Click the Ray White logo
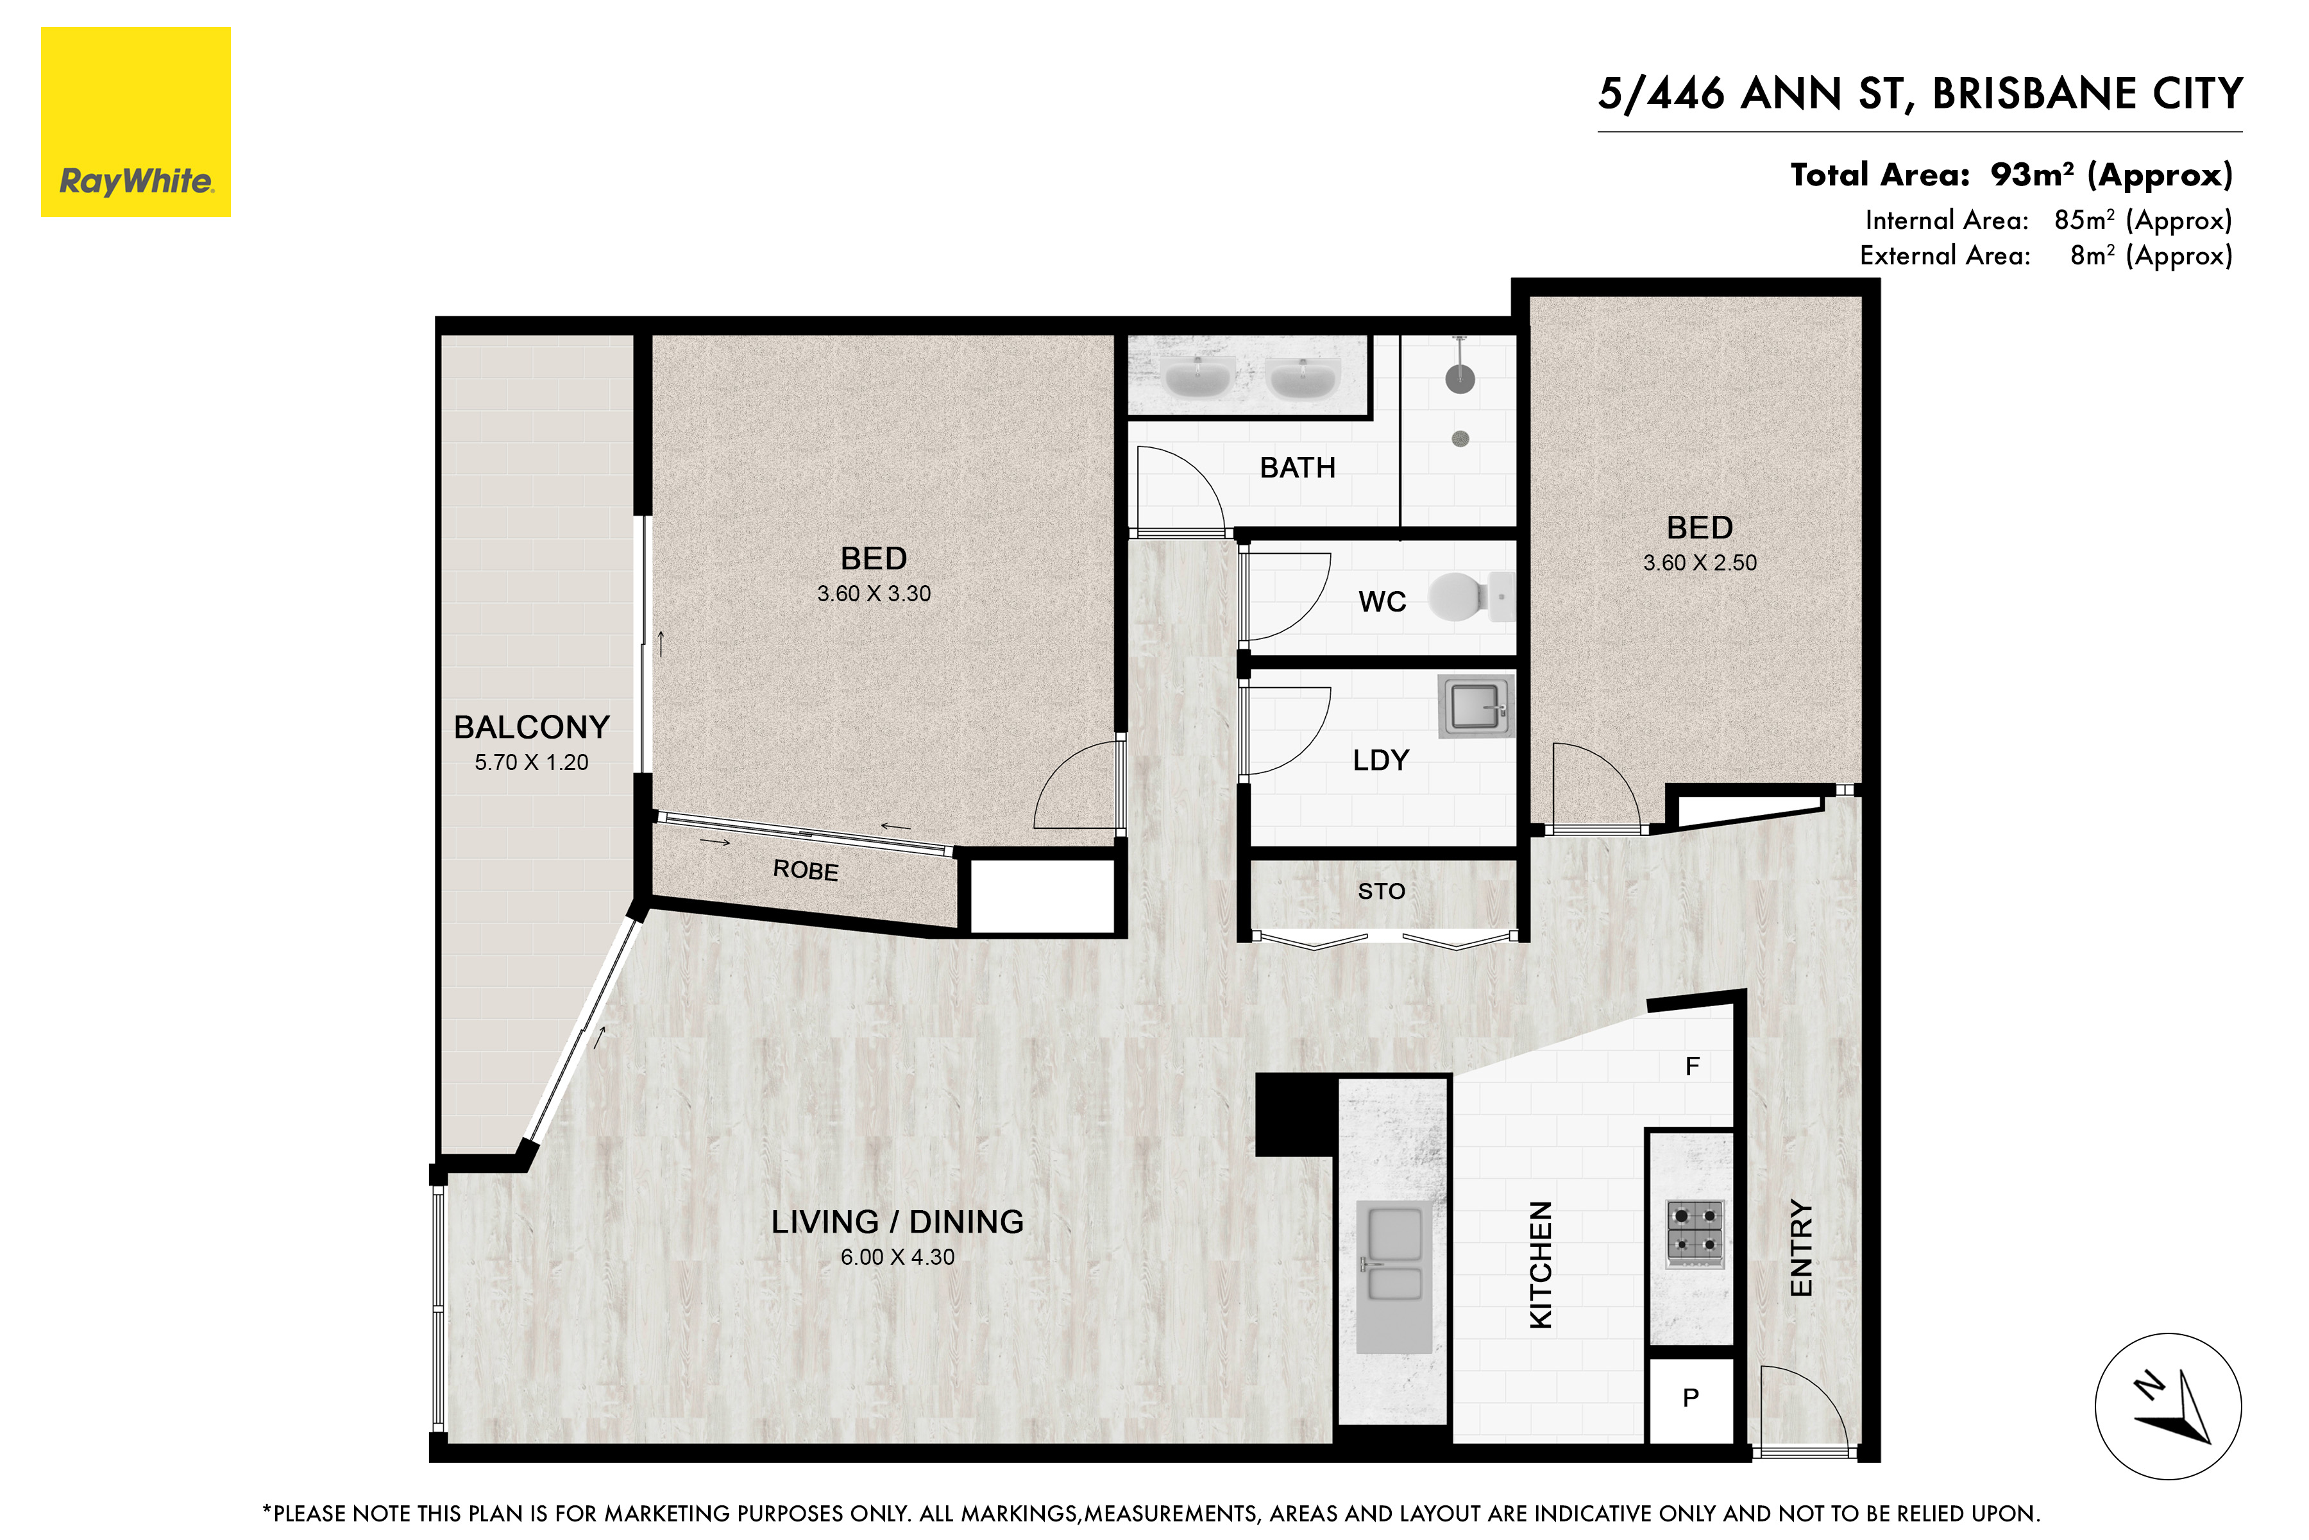point(135,122)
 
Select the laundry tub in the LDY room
point(1476,705)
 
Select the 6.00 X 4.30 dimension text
point(897,1257)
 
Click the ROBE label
point(806,870)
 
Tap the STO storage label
point(1382,892)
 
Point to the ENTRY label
point(1802,1247)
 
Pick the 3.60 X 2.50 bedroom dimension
point(1700,563)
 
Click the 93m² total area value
point(2032,175)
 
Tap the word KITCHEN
point(1541,1265)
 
